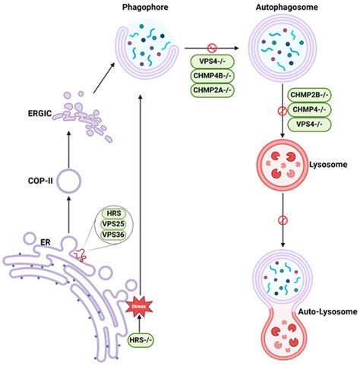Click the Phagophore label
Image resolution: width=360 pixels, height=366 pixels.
(142, 7)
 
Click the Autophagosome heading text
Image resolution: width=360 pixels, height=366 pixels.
(283, 7)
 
